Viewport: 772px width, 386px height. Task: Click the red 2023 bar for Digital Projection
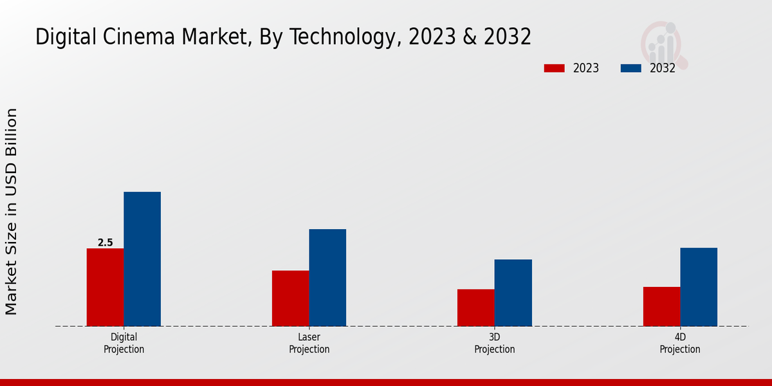[x=105, y=287]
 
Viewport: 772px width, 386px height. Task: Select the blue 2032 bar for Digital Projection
[x=142, y=259]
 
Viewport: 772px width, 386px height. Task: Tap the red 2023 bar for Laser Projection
[x=290, y=298]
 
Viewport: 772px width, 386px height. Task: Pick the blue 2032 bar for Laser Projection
[x=327, y=277]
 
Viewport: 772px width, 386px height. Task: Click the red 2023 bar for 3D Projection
[x=476, y=308]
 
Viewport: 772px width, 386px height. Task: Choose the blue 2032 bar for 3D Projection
[x=513, y=293]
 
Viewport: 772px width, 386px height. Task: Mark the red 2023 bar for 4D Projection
[x=661, y=306]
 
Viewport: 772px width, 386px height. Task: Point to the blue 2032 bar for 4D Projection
[x=699, y=287]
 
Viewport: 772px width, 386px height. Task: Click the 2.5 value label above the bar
[x=105, y=243]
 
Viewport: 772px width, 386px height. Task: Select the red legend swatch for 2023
[x=554, y=68]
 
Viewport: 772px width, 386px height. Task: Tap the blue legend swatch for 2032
[x=630, y=68]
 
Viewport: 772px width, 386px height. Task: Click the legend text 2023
[x=586, y=68]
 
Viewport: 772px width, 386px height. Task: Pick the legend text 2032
[x=663, y=68]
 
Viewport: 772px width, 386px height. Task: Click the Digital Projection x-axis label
[x=124, y=343]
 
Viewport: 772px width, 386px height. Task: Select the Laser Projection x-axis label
[x=309, y=343]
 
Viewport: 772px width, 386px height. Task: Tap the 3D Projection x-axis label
[x=494, y=343]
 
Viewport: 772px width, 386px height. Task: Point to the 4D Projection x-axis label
[x=680, y=343]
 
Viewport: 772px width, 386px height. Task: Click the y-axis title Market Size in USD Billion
[x=12, y=212]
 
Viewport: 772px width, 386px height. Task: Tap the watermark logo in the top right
[x=663, y=44]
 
